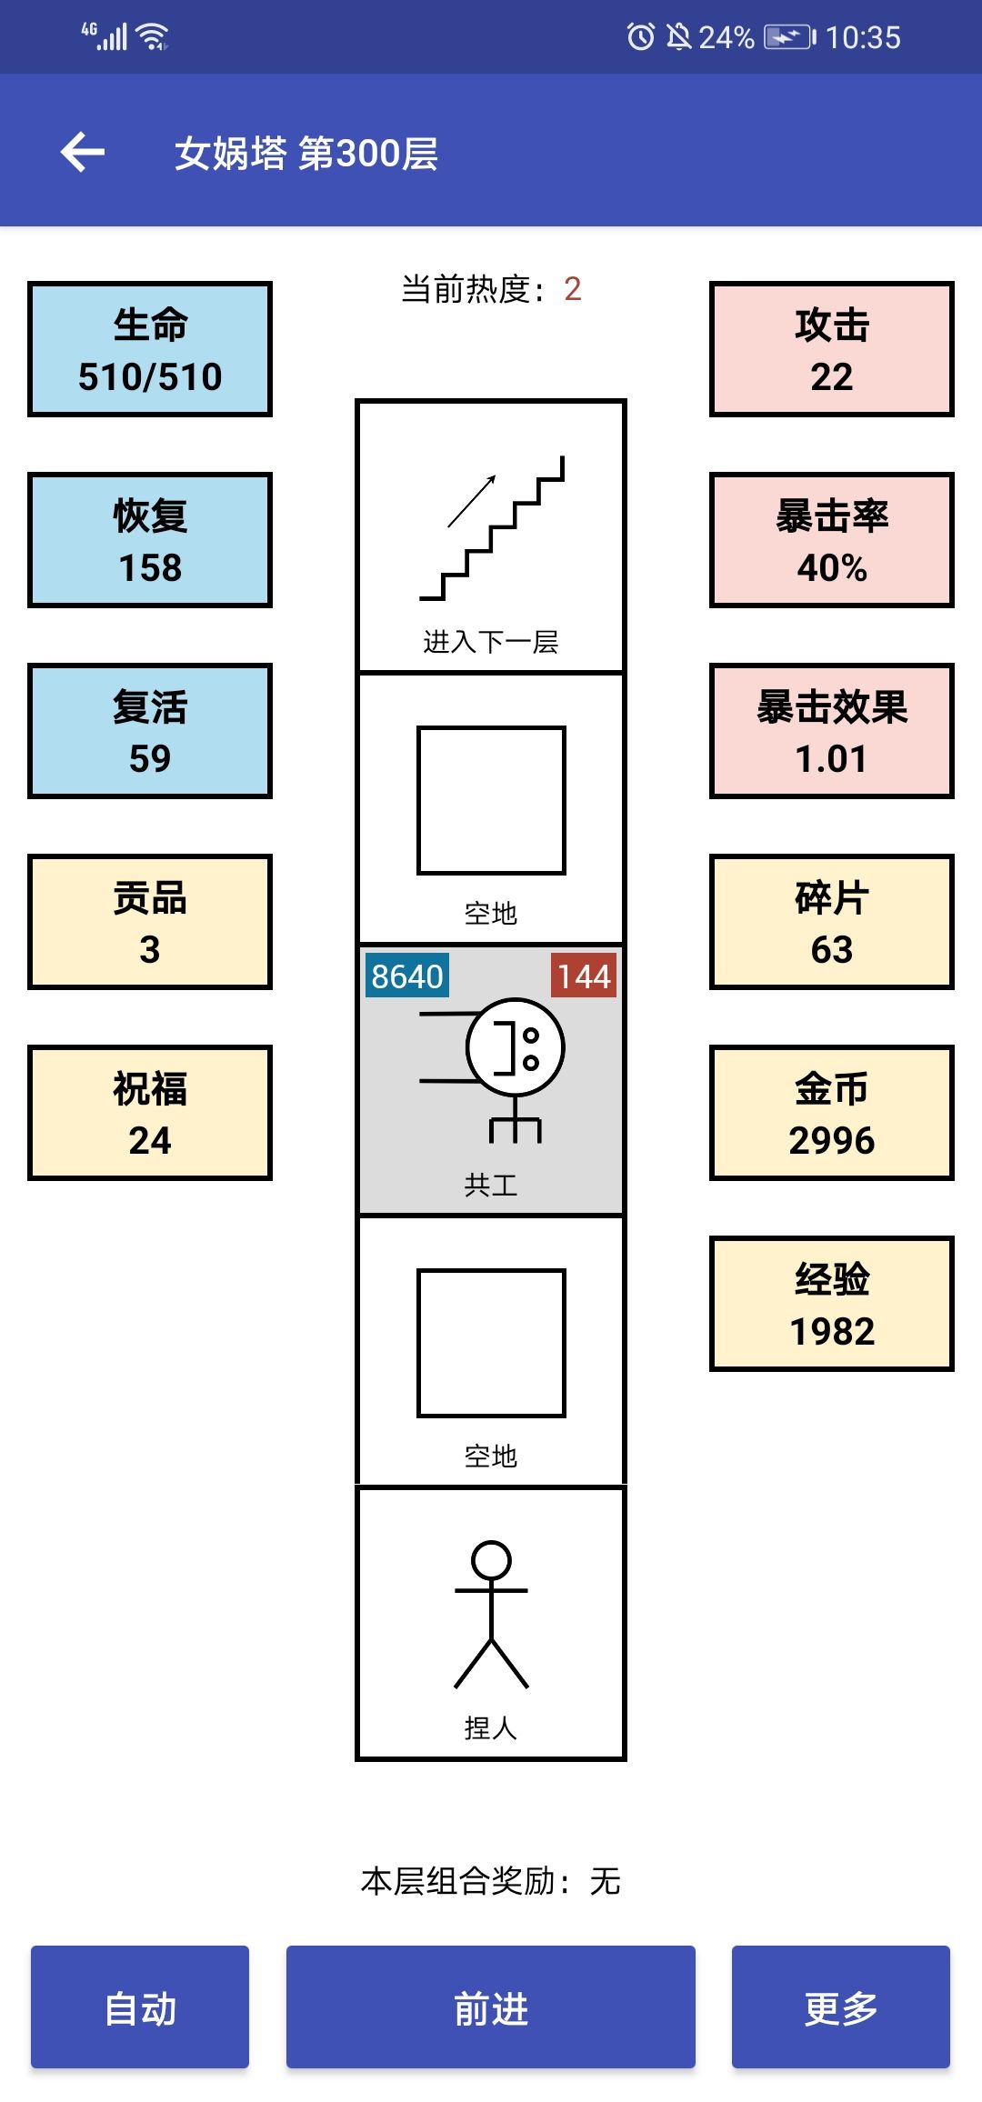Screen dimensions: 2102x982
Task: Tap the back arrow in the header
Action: pos(83,152)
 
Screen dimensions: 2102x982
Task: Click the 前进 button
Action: pos(490,2007)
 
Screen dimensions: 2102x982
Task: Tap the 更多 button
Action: pos(840,2007)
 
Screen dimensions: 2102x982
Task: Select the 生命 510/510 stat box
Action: pos(150,349)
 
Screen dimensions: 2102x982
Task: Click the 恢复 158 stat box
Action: pos(150,540)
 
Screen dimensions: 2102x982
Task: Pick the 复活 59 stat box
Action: pos(150,731)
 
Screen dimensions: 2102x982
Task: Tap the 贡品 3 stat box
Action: pos(150,922)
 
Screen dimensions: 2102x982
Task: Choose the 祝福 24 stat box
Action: pos(150,1113)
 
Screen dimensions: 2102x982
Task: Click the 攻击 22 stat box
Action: pos(831,349)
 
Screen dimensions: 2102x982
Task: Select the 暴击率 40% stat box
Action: pos(831,540)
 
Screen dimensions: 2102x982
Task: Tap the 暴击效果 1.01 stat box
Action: pos(831,731)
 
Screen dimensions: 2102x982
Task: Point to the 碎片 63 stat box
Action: pos(831,922)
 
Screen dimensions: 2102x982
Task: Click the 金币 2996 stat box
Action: pos(831,1113)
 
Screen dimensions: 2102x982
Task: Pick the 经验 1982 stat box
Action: pos(831,1304)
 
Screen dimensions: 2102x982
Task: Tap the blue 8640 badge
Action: pos(406,976)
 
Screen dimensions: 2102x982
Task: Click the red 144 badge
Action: pos(583,976)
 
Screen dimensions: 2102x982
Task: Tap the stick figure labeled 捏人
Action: pos(491,1614)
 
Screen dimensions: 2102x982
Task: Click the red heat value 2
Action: pos(572,289)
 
